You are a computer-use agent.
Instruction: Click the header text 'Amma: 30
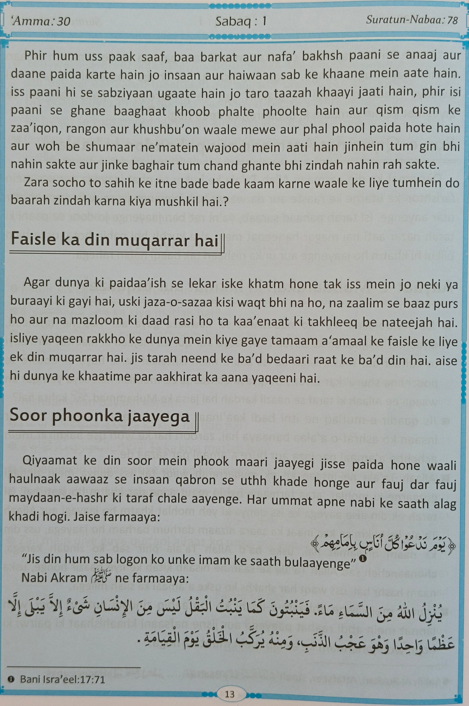pyautogui.click(x=40, y=21)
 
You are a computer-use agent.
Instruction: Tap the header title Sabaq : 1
pyautogui.click(x=241, y=21)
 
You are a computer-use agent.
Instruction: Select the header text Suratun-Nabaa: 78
pyautogui.click(x=412, y=20)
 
